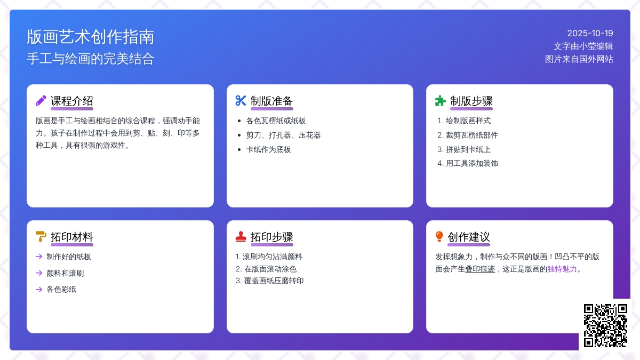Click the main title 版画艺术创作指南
tap(90, 37)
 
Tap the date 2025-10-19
tap(590, 34)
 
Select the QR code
tap(605, 325)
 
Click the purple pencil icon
tap(41, 101)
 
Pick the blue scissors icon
tap(241, 101)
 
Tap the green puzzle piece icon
tap(441, 101)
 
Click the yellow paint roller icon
tap(41, 237)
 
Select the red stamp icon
tap(241, 237)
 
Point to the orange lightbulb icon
tap(439, 237)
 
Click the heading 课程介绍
tap(71, 101)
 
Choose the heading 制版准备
tap(271, 101)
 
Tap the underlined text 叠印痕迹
tap(480, 269)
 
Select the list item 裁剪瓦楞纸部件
tap(472, 135)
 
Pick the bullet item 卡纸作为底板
tap(269, 149)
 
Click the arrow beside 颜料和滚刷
tap(39, 273)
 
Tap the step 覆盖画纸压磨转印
tap(274, 281)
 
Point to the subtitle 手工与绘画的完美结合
tap(90, 59)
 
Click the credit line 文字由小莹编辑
tap(583, 46)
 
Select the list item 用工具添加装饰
tap(472, 163)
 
